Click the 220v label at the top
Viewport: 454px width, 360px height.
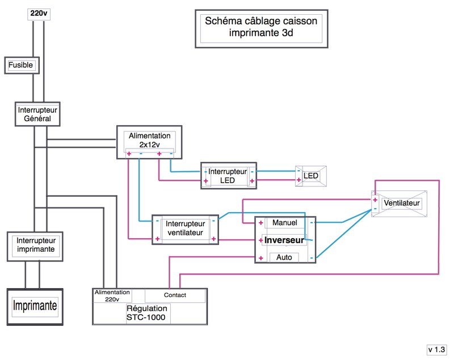coord(37,13)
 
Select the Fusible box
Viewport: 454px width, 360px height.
coord(22,65)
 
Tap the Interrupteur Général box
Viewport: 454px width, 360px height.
coord(37,114)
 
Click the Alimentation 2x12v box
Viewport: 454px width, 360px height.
coord(149,141)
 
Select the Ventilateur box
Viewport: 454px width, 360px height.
coord(401,202)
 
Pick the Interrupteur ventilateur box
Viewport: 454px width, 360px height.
coord(184,228)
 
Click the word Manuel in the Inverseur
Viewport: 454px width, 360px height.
coord(285,222)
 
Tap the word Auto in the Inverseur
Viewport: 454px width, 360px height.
coord(284,257)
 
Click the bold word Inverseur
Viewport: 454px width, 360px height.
coord(284,240)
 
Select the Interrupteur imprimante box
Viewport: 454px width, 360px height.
coord(36,245)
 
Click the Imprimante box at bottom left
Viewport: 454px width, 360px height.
coord(35,307)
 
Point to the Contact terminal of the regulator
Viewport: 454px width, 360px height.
coord(175,295)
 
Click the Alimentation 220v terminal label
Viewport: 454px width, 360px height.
coord(113,295)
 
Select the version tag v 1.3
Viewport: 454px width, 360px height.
coord(437,349)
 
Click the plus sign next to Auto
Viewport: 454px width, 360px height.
coord(260,258)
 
